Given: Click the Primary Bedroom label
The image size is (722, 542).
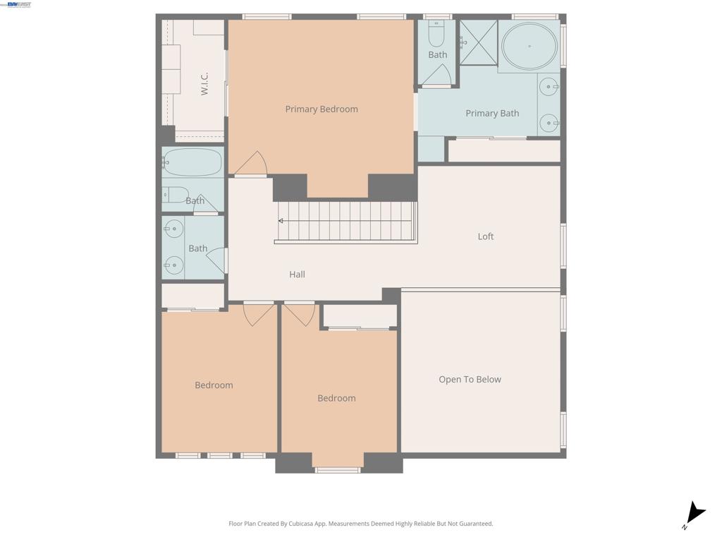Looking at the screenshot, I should coord(322,109).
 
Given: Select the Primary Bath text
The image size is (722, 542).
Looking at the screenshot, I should coord(492,114).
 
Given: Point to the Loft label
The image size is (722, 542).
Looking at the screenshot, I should coord(486,236).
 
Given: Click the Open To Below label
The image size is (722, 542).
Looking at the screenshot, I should coord(470,380).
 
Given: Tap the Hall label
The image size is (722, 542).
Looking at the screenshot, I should coord(297,275).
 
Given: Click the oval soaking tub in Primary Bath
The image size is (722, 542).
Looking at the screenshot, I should coord(529,47).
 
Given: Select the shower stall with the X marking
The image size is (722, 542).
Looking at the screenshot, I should coord(478,42).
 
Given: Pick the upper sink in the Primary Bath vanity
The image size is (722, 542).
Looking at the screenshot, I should coord(549,87).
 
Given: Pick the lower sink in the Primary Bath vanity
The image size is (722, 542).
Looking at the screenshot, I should coord(549,123).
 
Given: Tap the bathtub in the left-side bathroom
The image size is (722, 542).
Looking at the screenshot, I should coord(192,162).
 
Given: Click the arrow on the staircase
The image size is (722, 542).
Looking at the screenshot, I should coord(281,221).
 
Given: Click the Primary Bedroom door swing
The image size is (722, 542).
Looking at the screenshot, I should coord(252,164).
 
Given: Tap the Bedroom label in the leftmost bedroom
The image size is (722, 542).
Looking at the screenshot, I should coord(214,385).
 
